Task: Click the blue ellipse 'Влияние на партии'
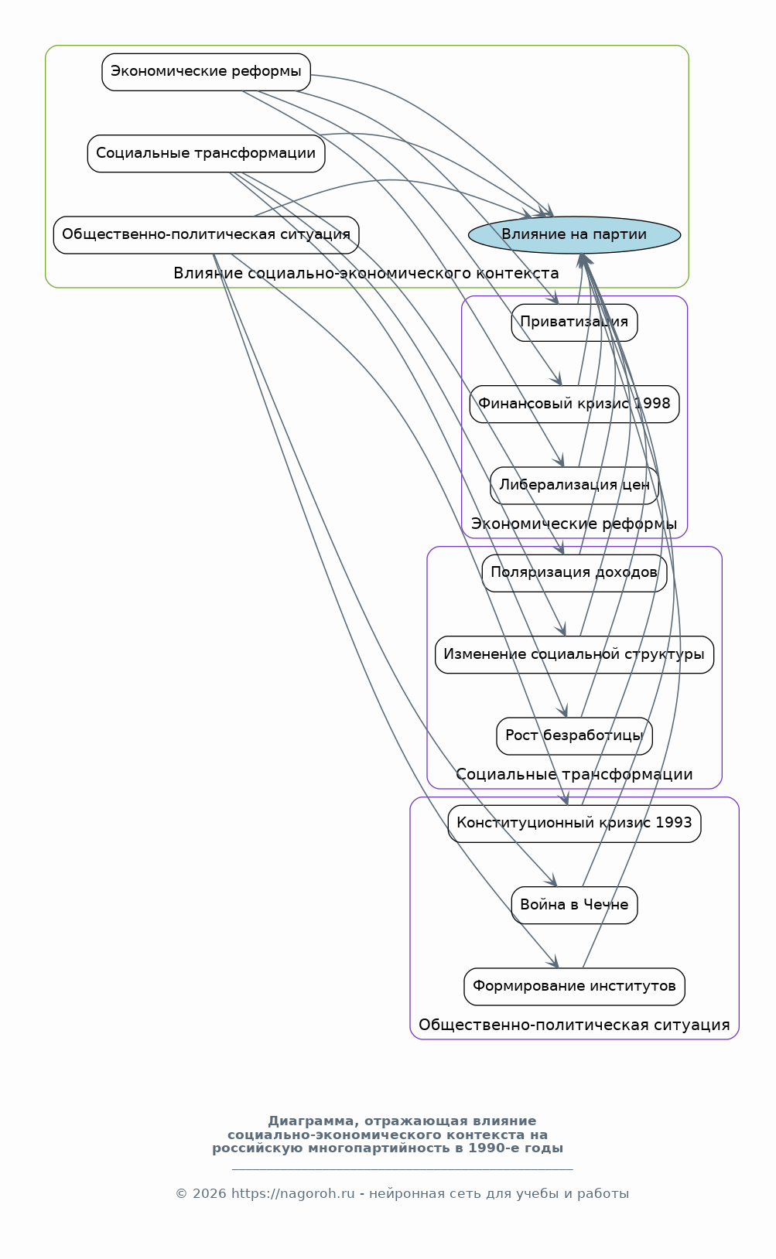coord(574,235)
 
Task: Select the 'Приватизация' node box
coord(574,322)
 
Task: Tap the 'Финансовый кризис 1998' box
coord(574,404)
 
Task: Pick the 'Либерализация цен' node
coord(574,486)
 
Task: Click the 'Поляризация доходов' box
coord(574,573)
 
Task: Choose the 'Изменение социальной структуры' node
coord(574,655)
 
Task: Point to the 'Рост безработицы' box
coord(574,736)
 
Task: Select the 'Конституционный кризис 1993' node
coord(574,824)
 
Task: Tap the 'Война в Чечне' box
coord(574,906)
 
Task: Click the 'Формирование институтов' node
coord(574,987)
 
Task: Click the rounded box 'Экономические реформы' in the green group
coord(206,72)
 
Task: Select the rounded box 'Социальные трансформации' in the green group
coord(206,153)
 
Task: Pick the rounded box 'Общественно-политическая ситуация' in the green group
coord(206,235)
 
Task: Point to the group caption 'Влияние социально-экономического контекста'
coord(366,274)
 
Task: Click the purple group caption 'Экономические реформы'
coord(574,524)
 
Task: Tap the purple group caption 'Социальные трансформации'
coord(574,775)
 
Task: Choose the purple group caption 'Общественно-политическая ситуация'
coord(574,1025)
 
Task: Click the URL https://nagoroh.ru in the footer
coord(293,1194)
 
